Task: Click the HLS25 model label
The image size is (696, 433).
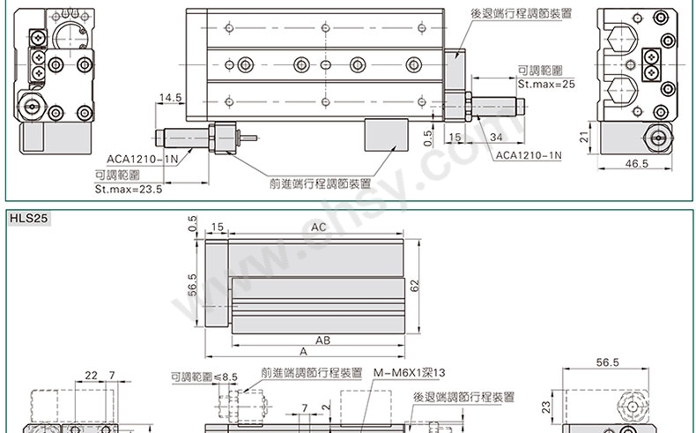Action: coord(28,219)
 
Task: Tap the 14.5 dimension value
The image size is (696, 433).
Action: coord(170,98)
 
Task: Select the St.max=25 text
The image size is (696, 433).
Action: coord(546,84)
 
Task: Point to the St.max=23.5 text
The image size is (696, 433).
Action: coord(129,190)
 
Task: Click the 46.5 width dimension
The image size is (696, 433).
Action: coord(636,163)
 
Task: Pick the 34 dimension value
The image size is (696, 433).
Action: coord(496,138)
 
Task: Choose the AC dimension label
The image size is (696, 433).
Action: coord(318,228)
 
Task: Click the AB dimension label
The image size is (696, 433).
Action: coord(322,340)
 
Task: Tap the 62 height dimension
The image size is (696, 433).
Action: coord(414,286)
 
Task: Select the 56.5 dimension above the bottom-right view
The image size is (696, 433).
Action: coord(607,362)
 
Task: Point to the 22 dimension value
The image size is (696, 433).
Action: coord(91,376)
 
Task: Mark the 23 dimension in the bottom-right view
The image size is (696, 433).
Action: coord(546,407)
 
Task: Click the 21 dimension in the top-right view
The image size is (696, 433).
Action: coord(585,137)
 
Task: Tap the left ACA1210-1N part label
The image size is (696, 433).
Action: coord(142,159)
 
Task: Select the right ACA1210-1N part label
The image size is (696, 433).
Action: coord(529,155)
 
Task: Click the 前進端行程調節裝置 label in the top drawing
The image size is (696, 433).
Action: coord(320,183)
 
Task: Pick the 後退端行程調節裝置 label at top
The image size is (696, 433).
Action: coord(521,13)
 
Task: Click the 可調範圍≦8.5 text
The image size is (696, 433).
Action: coord(204,377)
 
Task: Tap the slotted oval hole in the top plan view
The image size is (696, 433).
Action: coord(326,65)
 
